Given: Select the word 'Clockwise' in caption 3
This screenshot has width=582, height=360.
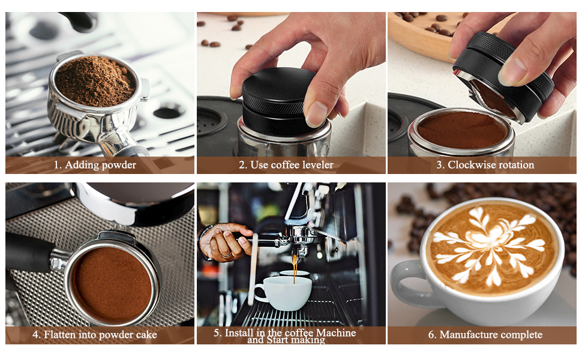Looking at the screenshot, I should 472,165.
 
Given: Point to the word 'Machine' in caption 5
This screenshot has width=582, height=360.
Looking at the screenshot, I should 335,332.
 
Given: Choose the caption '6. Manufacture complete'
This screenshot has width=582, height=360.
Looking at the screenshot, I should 485,335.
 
